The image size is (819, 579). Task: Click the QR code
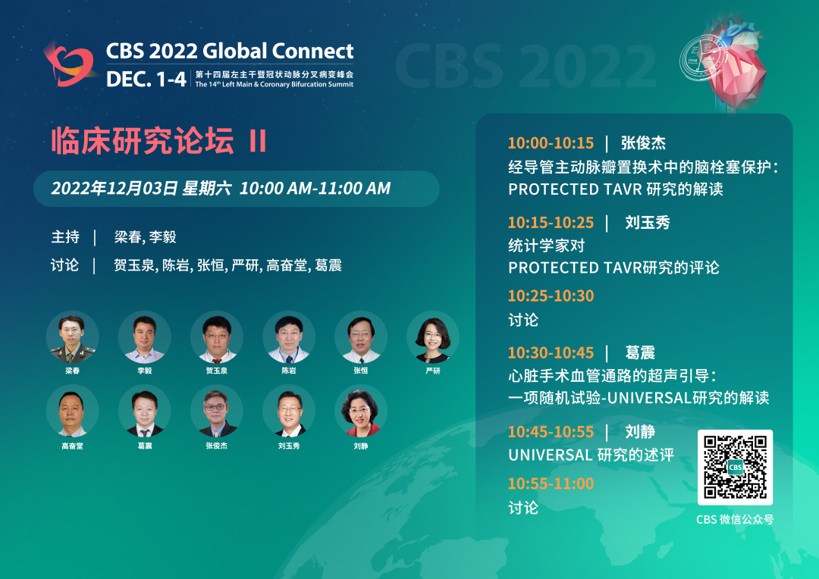[x=735, y=468]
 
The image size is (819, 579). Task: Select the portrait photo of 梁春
[x=73, y=337]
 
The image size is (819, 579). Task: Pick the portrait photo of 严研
[x=433, y=337]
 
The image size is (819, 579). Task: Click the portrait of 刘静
[x=361, y=412]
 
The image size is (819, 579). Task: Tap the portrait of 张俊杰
[x=217, y=412]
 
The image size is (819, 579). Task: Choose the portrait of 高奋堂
[x=73, y=412]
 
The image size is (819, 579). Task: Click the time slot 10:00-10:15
[x=551, y=143]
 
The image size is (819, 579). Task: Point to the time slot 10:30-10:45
[x=551, y=353]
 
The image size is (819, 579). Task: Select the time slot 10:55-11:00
[x=551, y=484]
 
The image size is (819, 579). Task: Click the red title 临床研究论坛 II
[x=159, y=140]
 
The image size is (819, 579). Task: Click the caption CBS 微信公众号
[x=735, y=519]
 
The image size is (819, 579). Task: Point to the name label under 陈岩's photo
[x=289, y=371]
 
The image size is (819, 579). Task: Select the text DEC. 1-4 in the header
[x=146, y=80]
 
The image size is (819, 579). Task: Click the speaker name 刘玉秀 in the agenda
[x=648, y=222]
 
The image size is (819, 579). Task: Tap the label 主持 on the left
[x=65, y=237]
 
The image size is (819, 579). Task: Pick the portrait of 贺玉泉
[x=217, y=337]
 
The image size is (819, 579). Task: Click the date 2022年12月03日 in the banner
[x=115, y=189]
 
